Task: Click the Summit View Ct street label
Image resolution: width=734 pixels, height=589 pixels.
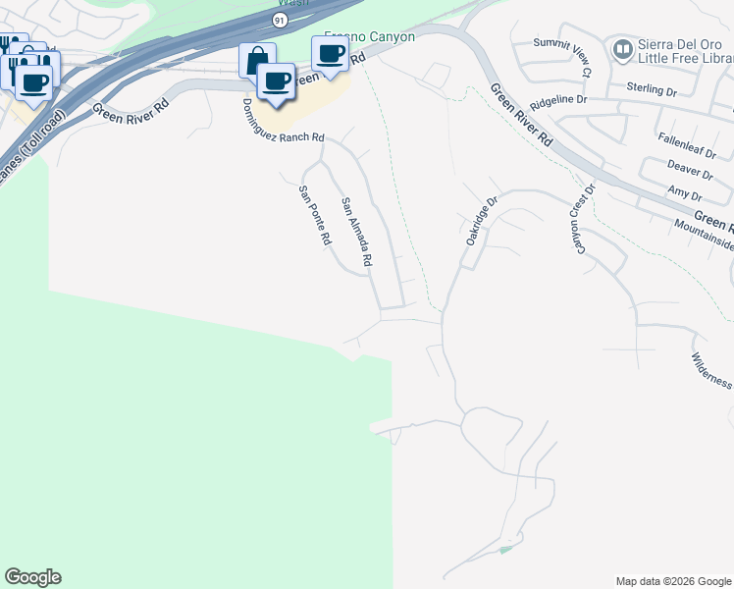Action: click(x=563, y=57)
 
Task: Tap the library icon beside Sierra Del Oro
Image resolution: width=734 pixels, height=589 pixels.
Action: click(x=621, y=48)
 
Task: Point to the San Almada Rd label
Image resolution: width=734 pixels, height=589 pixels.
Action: click(x=356, y=233)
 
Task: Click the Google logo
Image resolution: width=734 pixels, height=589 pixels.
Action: click(x=32, y=577)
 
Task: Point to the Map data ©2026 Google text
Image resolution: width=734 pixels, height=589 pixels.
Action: click(x=672, y=580)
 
